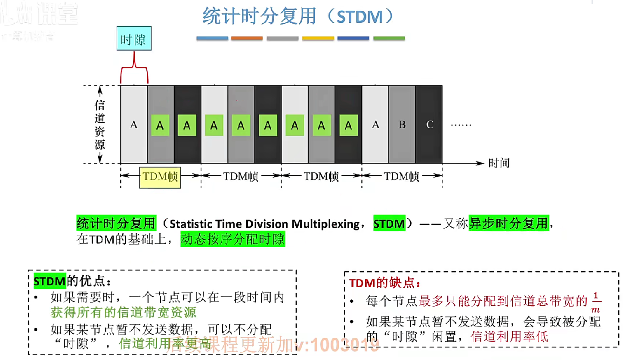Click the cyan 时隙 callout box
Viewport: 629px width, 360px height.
tap(134, 38)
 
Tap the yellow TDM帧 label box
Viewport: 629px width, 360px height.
tap(160, 177)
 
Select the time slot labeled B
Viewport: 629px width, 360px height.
tap(402, 124)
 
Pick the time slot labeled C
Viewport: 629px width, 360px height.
tap(429, 124)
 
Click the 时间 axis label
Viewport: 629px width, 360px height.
tap(499, 163)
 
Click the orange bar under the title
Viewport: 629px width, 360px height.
tap(247, 38)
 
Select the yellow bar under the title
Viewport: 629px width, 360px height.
tap(318, 38)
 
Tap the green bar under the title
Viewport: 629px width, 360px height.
tap(389, 38)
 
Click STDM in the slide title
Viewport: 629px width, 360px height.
tap(359, 17)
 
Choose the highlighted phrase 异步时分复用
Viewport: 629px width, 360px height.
tap(508, 223)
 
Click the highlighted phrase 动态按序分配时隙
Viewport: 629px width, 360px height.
tap(232, 239)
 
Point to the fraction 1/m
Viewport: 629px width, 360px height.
tap(596, 302)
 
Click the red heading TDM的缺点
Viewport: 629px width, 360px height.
tap(384, 283)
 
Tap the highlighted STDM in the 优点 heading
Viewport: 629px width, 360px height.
tap(50, 281)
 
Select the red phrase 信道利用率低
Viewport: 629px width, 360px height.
tap(509, 336)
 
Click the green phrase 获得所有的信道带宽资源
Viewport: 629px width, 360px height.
tap(123, 312)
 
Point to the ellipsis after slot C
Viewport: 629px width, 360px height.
tap(461, 125)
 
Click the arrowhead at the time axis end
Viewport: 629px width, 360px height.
tap(480, 163)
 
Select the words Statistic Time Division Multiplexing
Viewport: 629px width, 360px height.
tap(264, 224)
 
